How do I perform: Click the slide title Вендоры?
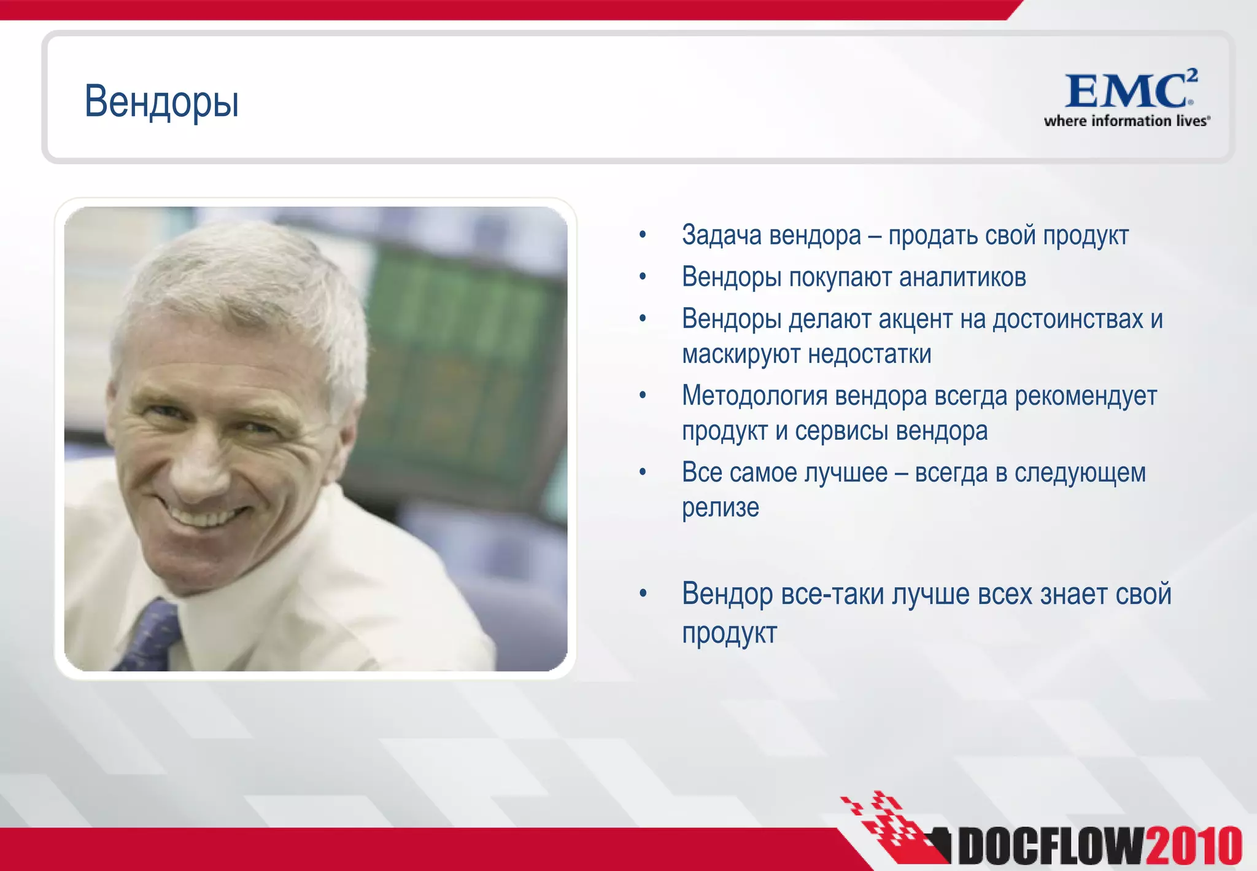[x=161, y=102]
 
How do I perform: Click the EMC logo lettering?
[x=1124, y=92]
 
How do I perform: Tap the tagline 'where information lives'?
[x=1126, y=121]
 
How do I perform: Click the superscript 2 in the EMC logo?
[x=1191, y=76]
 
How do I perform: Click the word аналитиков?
[x=962, y=278]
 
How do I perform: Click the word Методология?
[x=754, y=396]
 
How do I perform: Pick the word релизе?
[x=721, y=508]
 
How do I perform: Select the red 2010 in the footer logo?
[x=1194, y=846]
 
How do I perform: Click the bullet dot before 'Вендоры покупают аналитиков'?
[x=643, y=278]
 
